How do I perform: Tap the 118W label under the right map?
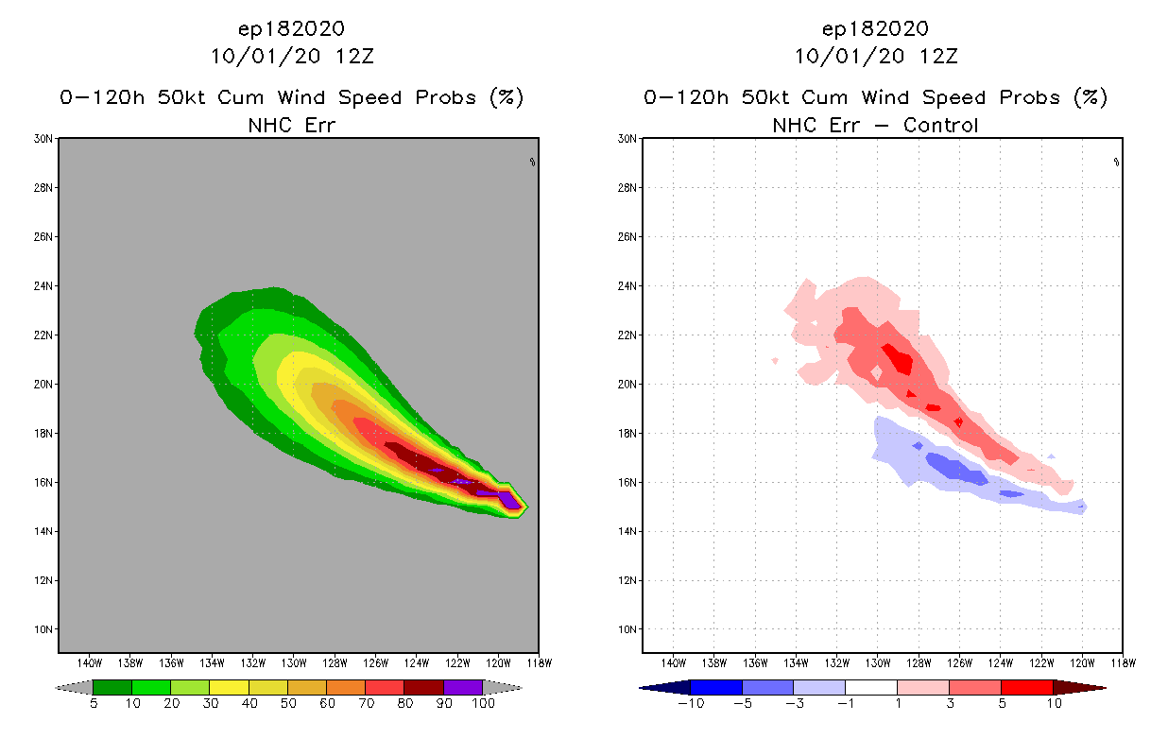1123,661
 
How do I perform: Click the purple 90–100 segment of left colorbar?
463,687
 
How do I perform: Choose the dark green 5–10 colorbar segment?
112,687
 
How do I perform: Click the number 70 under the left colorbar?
365,703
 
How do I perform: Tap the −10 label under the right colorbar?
690,703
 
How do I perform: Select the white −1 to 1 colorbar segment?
870,687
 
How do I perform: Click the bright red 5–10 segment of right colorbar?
1026,687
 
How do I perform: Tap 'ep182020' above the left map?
292,28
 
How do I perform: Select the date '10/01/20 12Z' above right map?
876,56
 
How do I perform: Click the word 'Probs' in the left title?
442,97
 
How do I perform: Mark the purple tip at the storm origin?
510,500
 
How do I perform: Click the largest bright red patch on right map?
897,360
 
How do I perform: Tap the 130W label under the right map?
878,661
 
